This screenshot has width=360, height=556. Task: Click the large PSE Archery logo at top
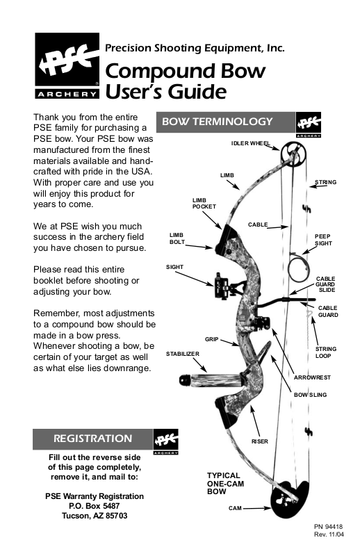67,65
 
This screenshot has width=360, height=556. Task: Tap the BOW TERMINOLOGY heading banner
226,122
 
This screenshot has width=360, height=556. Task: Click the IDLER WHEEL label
250,143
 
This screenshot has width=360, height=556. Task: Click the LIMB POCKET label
204,203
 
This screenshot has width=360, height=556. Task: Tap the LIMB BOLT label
177,238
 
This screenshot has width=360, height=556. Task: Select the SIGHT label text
174,267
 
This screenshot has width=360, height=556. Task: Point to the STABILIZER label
183,354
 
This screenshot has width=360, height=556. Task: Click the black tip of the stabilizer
185,380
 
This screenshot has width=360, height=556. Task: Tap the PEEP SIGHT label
323,240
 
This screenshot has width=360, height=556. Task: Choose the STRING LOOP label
325,352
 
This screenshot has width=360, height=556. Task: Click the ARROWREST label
312,377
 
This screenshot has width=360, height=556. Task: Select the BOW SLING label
311,395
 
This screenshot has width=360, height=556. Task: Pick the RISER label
260,441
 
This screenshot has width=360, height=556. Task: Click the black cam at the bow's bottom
289,500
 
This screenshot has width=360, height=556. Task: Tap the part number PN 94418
329,527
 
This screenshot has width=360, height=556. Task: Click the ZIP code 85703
116,516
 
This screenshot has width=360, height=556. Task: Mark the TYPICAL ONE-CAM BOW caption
226,483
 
